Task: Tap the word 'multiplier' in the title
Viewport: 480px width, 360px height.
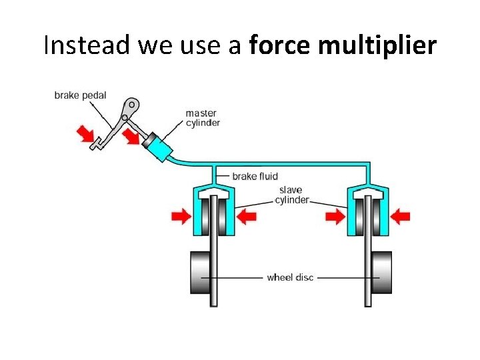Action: click(x=388, y=45)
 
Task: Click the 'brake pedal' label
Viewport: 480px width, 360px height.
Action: click(x=80, y=95)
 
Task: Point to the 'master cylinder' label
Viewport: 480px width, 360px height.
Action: click(x=203, y=118)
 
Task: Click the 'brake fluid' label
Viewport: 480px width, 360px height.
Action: click(x=255, y=177)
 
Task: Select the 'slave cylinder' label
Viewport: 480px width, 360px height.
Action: click(x=292, y=195)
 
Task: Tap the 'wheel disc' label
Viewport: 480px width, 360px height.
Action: click(x=290, y=277)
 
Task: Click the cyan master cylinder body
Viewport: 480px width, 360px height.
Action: click(x=159, y=148)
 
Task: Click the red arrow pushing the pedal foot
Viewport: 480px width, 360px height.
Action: click(x=85, y=133)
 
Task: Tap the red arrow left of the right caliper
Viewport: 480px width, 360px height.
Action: click(x=336, y=215)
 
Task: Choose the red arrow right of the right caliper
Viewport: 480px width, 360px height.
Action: click(x=401, y=215)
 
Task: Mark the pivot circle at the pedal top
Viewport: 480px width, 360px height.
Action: click(x=133, y=105)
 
